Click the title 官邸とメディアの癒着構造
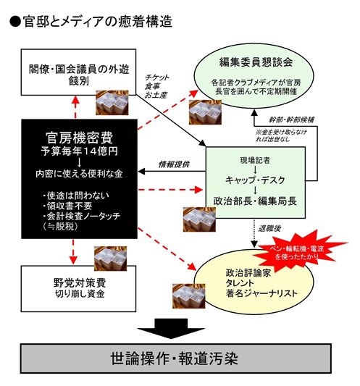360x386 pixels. [91, 21]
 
